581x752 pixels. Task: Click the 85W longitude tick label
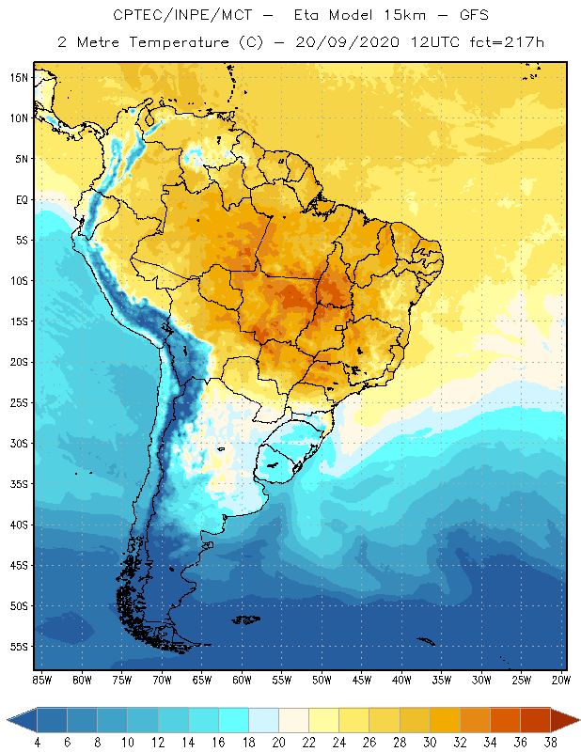click(x=41, y=680)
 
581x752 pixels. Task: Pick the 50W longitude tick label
click(x=322, y=680)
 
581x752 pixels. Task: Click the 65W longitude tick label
click(x=201, y=680)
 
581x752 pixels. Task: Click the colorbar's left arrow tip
click(x=8, y=719)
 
